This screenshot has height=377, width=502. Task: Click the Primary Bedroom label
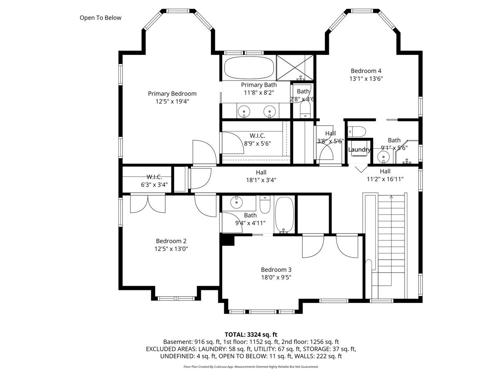click(172, 93)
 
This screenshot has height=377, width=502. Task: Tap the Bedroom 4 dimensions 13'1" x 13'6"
click(366, 79)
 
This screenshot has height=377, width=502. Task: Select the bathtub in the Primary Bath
click(249, 68)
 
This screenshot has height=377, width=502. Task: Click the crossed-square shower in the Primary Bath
click(295, 68)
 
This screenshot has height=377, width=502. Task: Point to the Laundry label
click(359, 150)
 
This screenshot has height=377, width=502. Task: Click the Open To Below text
click(100, 18)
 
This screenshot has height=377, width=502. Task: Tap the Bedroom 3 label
click(276, 270)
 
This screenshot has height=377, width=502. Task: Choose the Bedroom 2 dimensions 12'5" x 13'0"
click(171, 249)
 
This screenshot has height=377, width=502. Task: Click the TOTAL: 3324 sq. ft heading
click(251, 335)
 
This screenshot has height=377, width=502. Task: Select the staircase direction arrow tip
click(391, 196)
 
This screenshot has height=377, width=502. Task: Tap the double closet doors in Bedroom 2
click(148, 204)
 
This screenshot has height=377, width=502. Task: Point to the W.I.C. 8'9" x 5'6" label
click(258, 139)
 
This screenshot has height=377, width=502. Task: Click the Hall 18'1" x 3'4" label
click(261, 176)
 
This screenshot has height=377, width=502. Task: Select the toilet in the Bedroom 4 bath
click(357, 132)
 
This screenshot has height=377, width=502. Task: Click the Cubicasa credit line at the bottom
click(251, 367)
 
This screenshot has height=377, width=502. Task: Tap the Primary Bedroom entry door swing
click(205, 152)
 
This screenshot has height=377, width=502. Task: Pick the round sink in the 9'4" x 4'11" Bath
click(236, 202)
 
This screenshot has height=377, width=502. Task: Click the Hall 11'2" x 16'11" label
click(385, 175)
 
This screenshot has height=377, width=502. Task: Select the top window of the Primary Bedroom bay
click(178, 11)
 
